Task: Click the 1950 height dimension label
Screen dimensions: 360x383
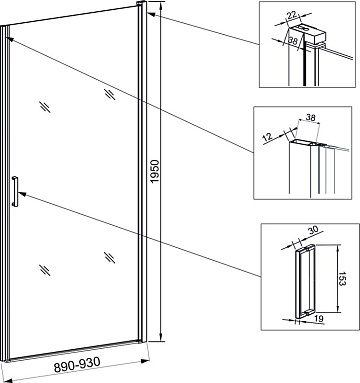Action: [155, 171]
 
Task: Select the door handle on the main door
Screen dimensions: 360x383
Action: [15, 191]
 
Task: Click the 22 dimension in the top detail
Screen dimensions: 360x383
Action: [292, 14]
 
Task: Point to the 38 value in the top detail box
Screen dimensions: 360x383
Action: [293, 41]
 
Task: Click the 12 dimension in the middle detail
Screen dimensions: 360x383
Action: [268, 136]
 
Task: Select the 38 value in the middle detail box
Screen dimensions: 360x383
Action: [310, 117]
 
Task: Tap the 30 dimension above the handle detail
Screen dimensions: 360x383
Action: [314, 231]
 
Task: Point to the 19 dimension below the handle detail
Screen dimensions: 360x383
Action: [319, 318]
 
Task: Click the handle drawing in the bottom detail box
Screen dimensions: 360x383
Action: [305, 281]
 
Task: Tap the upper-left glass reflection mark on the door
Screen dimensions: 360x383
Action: [45, 107]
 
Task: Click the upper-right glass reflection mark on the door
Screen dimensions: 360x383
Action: [109, 94]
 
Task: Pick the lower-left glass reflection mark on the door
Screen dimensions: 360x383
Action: [45, 270]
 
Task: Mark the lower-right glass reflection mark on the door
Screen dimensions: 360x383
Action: [109, 257]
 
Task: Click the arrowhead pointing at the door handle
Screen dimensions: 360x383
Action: [23, 194]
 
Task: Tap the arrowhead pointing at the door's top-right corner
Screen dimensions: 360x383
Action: [150, 14]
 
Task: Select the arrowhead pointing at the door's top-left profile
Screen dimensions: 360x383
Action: [10, 39]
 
